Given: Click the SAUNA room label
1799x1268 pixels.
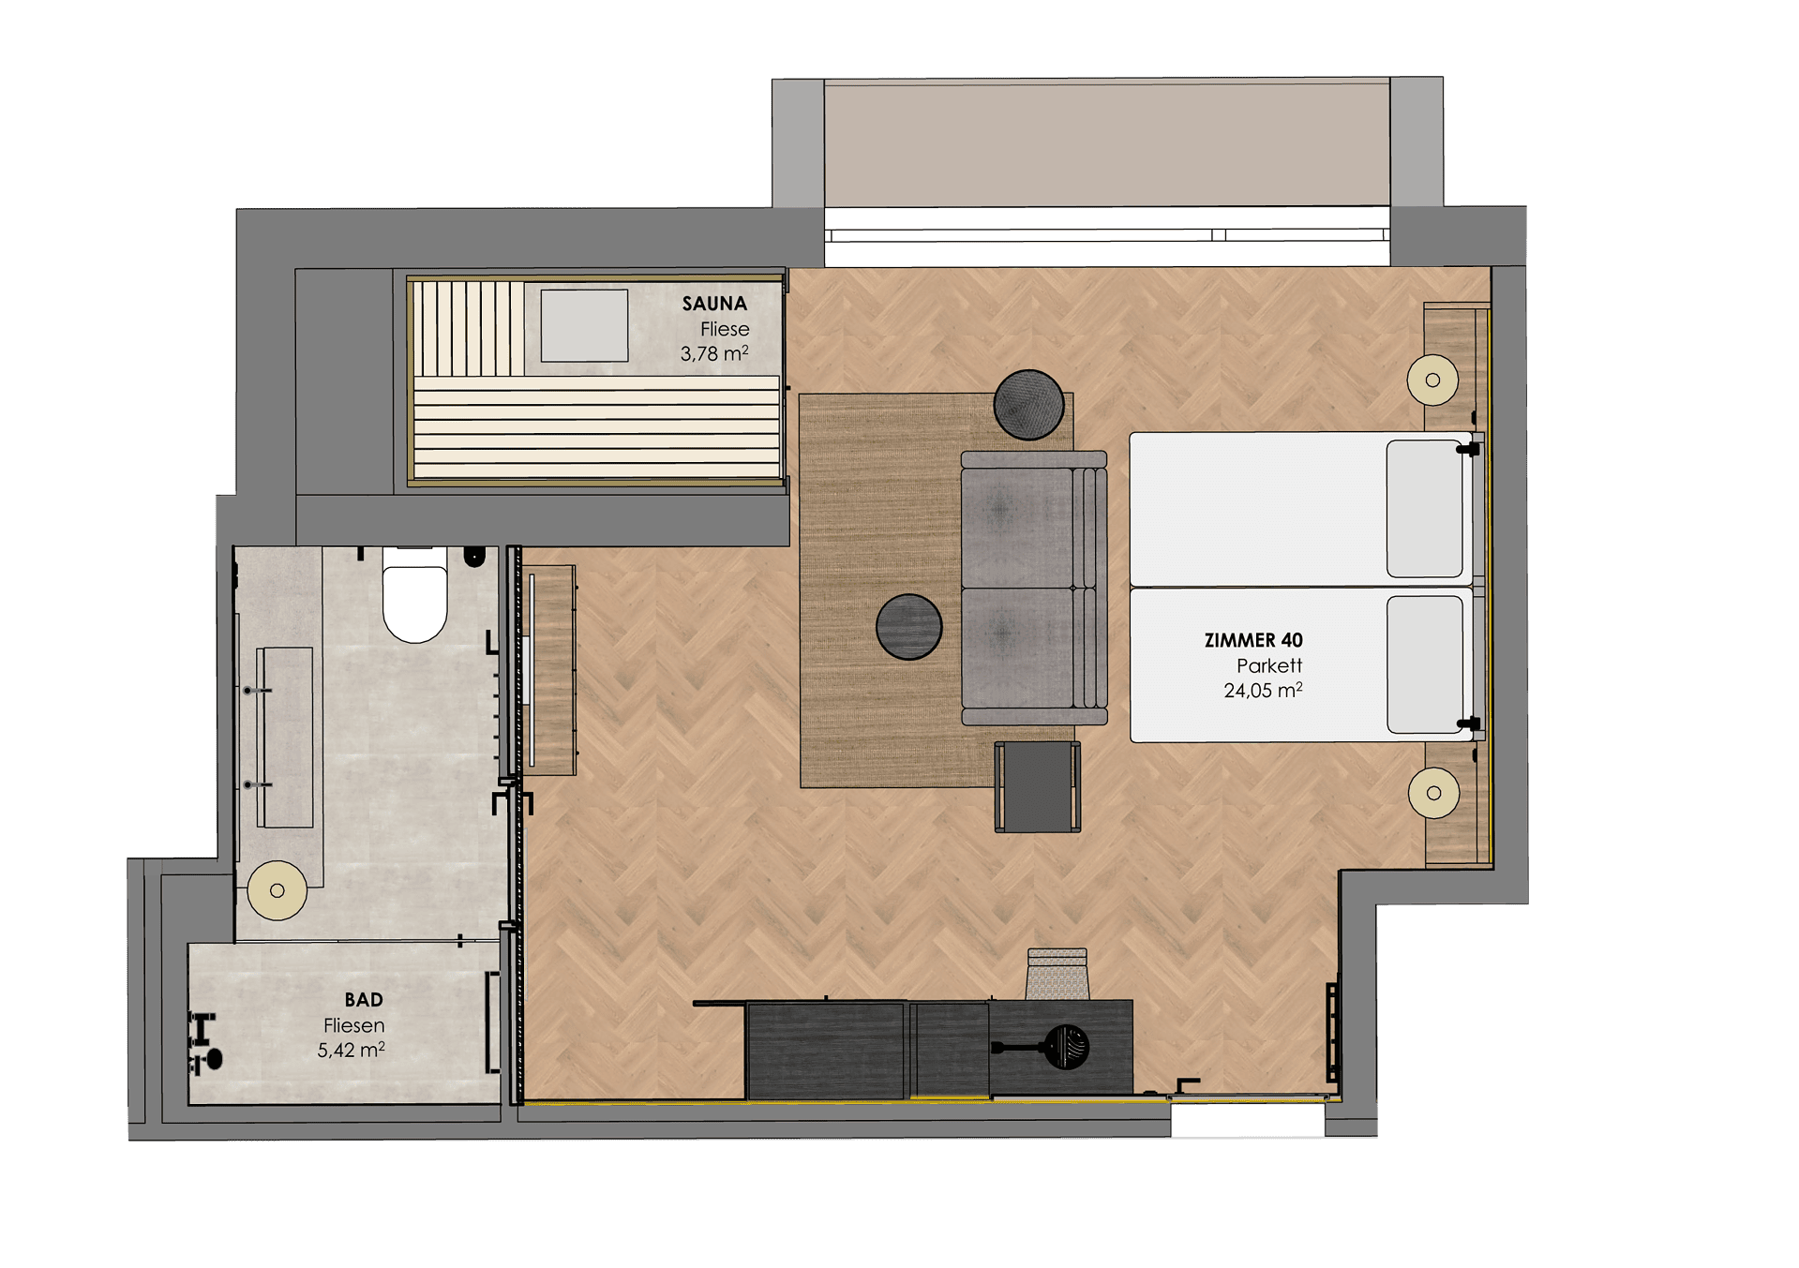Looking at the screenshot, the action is [x=714, y=304].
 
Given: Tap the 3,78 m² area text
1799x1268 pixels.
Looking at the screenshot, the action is [x=714, y=353].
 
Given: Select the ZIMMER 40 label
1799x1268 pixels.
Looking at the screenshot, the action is [x=1253, y=640].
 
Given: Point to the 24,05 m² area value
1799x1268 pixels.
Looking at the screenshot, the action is [x=1263, y=691].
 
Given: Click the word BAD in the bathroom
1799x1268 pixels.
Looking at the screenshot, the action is [x=364, y=1000].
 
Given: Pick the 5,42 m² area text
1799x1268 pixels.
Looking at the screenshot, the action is [x=351, y=1050].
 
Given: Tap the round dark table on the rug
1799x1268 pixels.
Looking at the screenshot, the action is [x=908, y=627].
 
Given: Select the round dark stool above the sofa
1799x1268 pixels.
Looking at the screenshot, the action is [x=1028, y=405].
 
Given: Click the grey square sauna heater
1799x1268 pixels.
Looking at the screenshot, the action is [x=584, y=325].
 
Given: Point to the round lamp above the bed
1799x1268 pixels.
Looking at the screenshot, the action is [x=1432, y=380].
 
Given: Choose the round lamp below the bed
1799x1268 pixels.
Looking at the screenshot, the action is [x=1433, y=793].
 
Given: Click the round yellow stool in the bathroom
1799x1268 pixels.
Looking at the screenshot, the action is [x=277, y=890].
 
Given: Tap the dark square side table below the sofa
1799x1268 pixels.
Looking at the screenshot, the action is [x=1038, y=787].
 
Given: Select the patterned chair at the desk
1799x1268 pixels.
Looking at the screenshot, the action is [x=1057, y=974].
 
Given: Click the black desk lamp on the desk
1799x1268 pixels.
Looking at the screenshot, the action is [x=1050, y=1047].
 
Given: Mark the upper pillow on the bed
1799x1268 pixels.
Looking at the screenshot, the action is [x=1424, y=509].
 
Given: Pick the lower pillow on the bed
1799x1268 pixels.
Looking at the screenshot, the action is [x=1424, y=664].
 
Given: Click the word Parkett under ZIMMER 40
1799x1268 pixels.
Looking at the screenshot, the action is [x=1269, y=665].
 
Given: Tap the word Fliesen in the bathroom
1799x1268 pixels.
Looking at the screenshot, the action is [x=353, y=1025].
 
